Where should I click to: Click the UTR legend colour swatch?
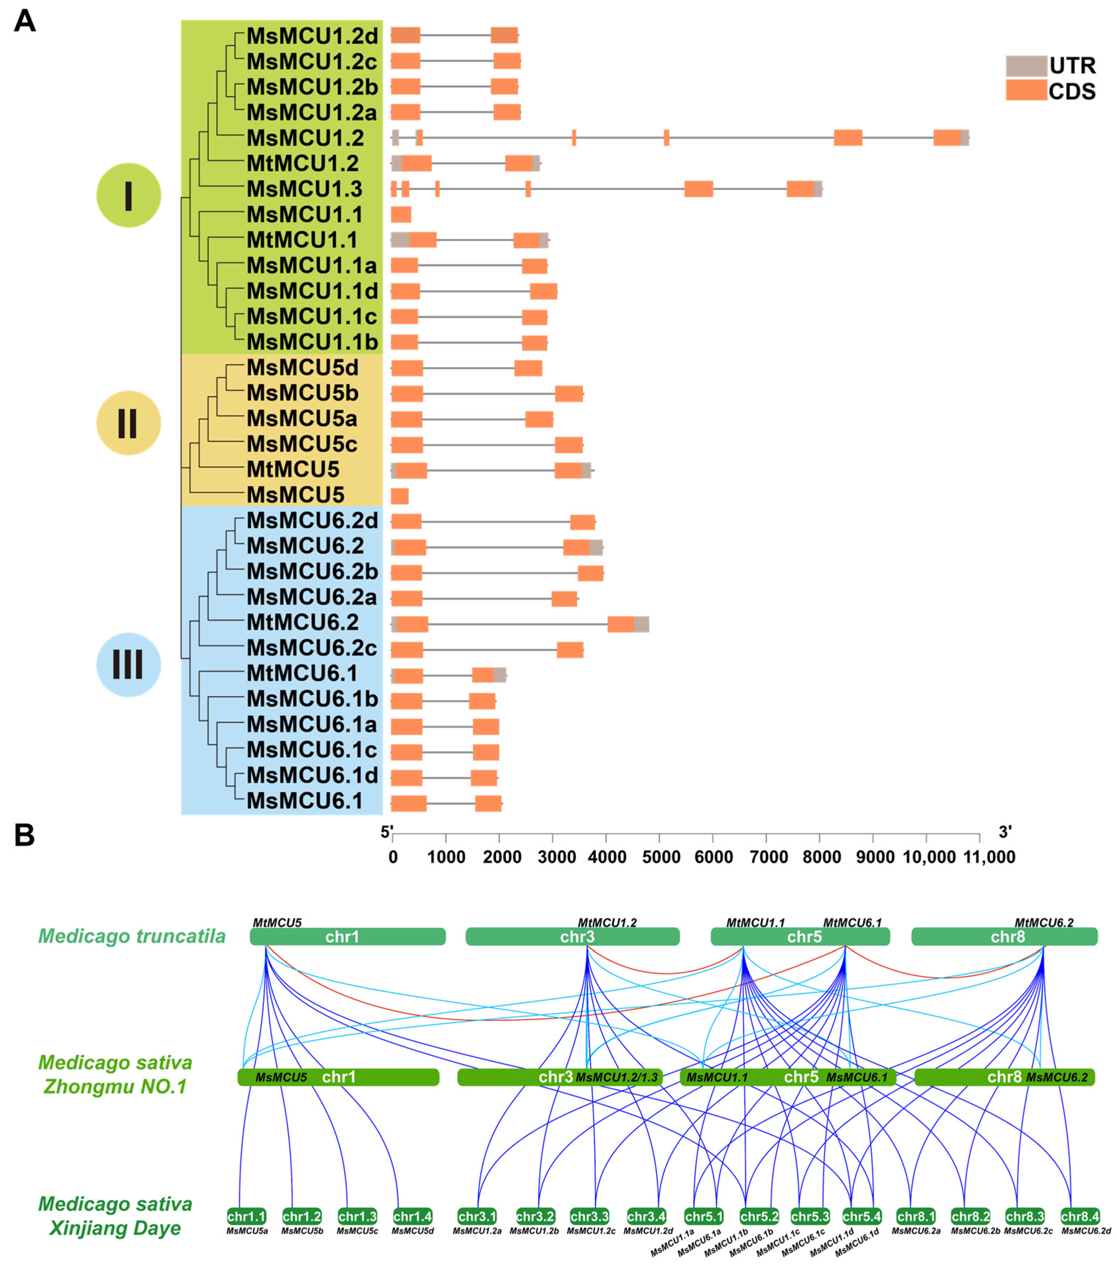pos(1026,66)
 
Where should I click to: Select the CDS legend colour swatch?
pos(1026,90)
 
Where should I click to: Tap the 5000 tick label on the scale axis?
pos(661,857)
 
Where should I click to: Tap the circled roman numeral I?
pos(128,195)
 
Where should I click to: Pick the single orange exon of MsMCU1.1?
pos(400,215)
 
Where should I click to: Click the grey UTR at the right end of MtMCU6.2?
pos(641,624)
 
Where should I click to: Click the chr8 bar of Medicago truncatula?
pos(1004,937)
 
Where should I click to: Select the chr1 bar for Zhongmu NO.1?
pos(338,1077)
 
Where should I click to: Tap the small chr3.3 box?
pos(590,1216)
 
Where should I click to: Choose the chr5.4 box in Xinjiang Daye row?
pos(862,1216)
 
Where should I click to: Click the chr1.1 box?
pos(246,1216)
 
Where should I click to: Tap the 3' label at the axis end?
pos(1005,832)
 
